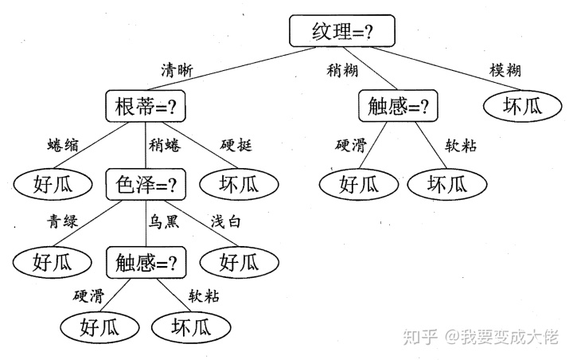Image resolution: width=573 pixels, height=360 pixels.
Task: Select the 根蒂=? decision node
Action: [x=146, y=106]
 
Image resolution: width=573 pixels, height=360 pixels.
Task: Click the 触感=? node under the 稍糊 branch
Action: [x=399, y=106]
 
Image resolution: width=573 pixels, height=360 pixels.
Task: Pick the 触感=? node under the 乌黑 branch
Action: [x=146, y=260]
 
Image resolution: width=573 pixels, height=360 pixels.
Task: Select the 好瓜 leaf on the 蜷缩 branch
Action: [x=53, y=185]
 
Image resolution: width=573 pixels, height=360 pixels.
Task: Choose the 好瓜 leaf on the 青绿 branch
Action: [x=53, y=260]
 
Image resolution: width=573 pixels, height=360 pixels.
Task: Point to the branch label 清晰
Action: [x=177, y=69]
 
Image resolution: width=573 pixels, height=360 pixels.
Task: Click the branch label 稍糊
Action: [x=344, y=69]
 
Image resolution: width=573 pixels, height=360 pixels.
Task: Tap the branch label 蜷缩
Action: [x=63, y=145]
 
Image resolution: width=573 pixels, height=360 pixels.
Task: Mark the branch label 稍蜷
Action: [x=164, y=145]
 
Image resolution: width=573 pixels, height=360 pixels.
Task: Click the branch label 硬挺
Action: [x=236, y=145]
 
